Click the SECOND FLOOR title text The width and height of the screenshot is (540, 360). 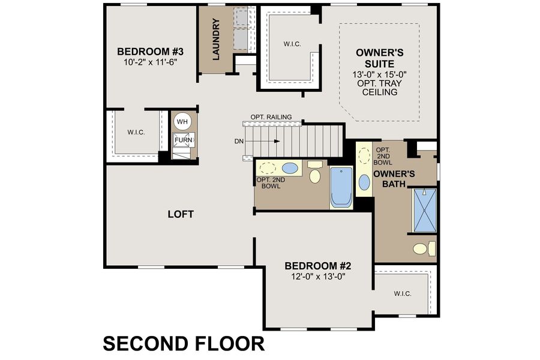pos(184,343)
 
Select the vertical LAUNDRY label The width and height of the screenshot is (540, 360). pos(216,39)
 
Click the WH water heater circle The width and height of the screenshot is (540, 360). pos(182,122)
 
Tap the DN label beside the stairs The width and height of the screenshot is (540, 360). pos(239,142)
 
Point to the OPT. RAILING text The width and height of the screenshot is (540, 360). pos(272,117)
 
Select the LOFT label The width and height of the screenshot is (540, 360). pos(181,214)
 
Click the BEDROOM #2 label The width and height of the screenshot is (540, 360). pos(317,266)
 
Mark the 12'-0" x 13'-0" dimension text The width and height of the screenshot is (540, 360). pos(317,277)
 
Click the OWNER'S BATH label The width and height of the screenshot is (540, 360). pos(394,178)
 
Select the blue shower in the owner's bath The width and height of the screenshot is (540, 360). pos(424,210)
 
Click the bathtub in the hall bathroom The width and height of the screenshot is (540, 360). pos(341,187)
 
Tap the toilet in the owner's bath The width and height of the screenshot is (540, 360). pos(424,248)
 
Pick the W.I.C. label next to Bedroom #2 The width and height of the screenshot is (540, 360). pos(402,293)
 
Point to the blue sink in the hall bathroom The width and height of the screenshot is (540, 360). pos(290,168)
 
